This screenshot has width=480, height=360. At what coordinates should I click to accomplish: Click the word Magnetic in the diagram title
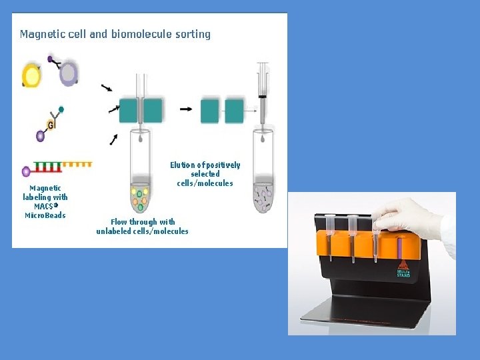click(41, 34)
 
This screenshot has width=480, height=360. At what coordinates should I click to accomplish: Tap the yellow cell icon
click(31, 75)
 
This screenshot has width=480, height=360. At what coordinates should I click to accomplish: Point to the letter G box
click(51, 125)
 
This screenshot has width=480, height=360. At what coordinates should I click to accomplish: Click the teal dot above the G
click(61, 109)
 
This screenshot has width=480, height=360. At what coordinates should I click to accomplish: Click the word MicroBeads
click(45, 215)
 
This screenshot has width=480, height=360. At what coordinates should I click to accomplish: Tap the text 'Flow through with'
click(143, 222)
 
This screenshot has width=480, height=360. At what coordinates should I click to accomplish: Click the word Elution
click(183, 165)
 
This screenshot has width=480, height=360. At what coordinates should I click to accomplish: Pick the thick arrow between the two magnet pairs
click(187, 109)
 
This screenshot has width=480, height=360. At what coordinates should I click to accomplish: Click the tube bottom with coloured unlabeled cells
click(140, 197)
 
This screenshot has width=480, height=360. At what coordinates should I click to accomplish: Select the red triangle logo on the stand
click(403, 264)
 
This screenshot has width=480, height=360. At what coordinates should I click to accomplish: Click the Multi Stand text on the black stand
click(403, 273)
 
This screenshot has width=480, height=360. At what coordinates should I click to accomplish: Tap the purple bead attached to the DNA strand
click(26, 171)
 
